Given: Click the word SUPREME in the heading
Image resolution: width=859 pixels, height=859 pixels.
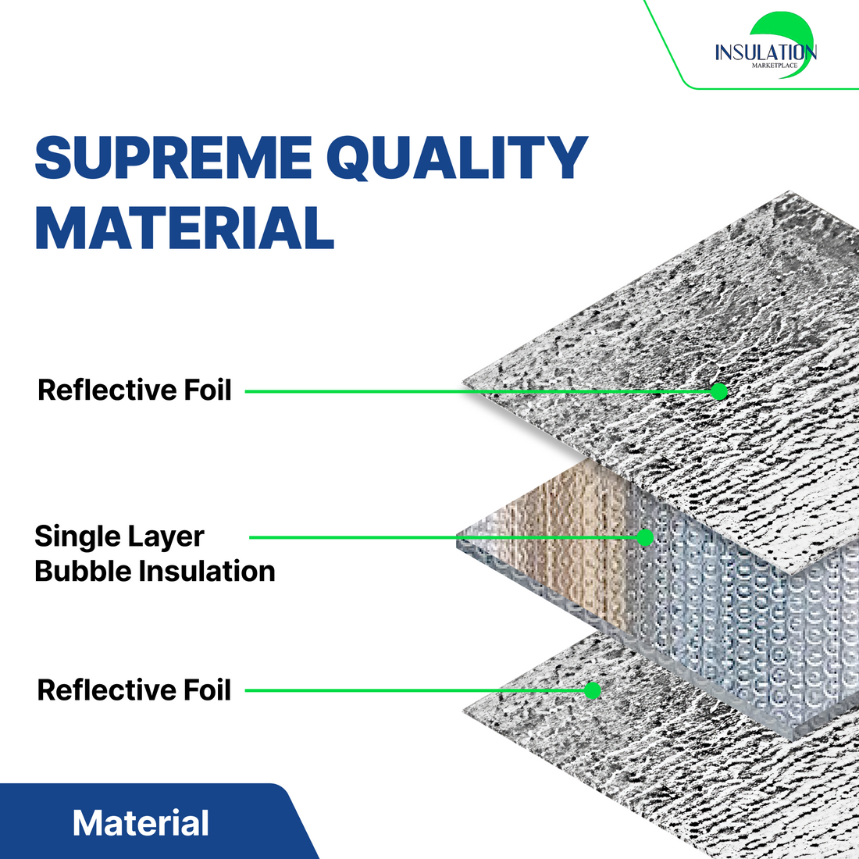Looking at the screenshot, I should click(x=173, y=158).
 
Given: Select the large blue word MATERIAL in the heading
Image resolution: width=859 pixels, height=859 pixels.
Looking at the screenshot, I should click(x=184, y=228).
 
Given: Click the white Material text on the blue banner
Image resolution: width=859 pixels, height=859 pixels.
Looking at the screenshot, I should click(x=141, y=823).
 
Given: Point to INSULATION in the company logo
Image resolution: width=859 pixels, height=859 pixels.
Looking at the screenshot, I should click(x=765, y=52).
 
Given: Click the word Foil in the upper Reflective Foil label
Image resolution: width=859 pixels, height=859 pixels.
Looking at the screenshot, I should click(x=208, y=390).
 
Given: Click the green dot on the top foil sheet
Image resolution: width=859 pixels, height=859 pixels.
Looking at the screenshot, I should click(x=719, y=391).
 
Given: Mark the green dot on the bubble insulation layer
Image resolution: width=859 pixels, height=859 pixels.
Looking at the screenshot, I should click(x=644, y=537).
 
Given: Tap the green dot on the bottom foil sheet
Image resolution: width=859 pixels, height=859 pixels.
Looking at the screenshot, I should click(x=593, y=690).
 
